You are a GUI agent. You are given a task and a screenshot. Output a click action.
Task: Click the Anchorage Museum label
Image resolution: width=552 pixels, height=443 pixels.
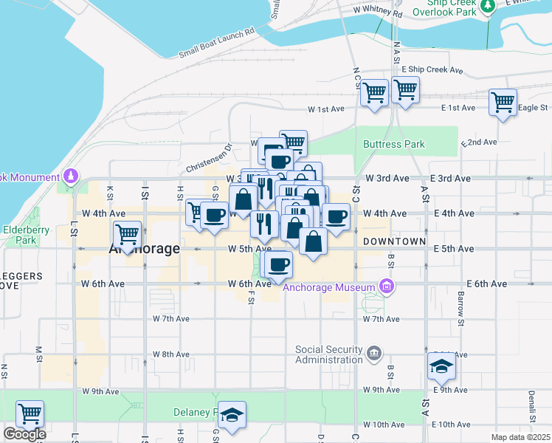pos(330,288)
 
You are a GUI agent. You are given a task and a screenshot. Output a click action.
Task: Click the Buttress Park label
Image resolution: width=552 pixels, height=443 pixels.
pos(394,144)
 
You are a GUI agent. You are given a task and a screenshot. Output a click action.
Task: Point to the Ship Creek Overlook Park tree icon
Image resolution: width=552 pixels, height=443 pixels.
pos(487,6)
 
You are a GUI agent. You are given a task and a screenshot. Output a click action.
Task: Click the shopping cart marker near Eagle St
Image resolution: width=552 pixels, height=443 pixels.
pos(503,102)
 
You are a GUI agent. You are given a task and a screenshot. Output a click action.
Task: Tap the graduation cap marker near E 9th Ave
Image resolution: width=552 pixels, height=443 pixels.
pos(441,365)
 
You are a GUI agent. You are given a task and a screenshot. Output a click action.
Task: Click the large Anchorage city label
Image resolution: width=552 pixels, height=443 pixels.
pos(145,249)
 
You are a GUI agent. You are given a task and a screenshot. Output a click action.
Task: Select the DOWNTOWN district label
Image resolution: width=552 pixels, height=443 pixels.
pos(394,241)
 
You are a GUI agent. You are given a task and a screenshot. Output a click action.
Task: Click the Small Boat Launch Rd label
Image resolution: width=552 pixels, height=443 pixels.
pos(216,44)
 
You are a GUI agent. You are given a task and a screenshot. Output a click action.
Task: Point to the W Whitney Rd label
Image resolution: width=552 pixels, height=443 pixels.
pos(378,13)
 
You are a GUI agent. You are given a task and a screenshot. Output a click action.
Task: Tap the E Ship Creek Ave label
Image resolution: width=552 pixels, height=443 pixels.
pos(432,71)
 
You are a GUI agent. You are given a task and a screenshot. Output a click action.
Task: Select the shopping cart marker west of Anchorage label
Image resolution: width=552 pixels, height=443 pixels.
pos(128,234)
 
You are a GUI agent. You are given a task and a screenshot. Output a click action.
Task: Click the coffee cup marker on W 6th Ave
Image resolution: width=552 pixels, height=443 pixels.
pos(278,264)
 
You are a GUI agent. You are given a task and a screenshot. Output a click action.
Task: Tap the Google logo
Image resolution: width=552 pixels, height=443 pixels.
pos(24,434)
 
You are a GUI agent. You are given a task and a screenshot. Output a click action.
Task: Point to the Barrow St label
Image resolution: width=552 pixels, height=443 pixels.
pos(460,307)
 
